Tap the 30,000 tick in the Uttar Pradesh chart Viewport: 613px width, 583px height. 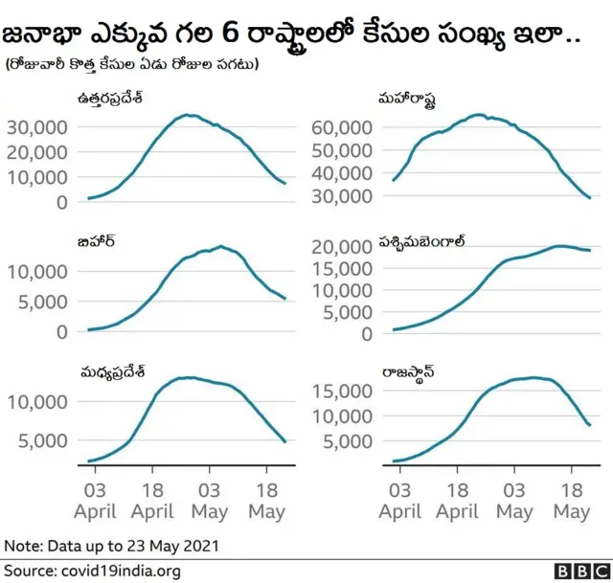coord(36,126)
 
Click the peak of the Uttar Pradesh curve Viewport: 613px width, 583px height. coord(190,115)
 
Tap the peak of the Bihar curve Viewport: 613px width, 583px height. coord(221,247)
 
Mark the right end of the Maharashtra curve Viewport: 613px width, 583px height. coord(589,197)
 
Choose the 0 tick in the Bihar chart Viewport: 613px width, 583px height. coord(62,331)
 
